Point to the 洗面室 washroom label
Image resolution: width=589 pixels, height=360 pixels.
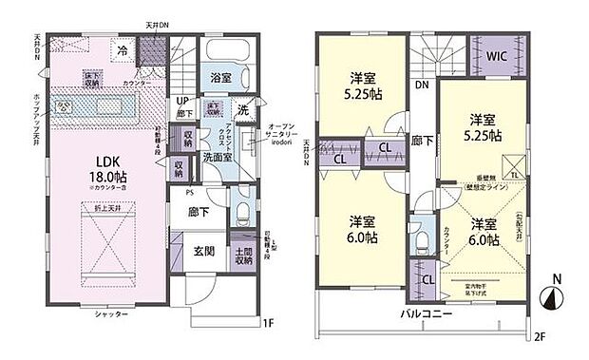click(x=213, y=158)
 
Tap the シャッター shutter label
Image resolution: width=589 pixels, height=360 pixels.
click(x=111, y=313)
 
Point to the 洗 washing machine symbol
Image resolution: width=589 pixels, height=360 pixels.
click(x=243, y=108)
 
